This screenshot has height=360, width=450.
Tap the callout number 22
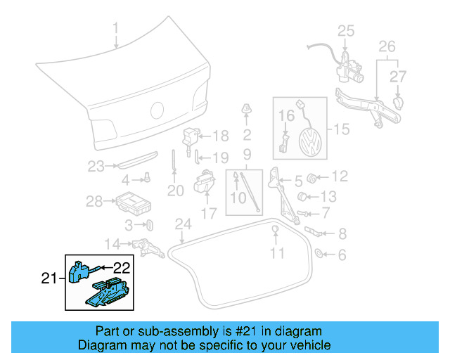coord(122,267)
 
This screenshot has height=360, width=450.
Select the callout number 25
coord(346,30)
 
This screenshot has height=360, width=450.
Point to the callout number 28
coord(94,202)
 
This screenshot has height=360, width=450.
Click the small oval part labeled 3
coord(150,225)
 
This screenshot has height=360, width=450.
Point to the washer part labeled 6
coord(318,254)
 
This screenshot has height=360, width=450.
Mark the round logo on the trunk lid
coord(157,111)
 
